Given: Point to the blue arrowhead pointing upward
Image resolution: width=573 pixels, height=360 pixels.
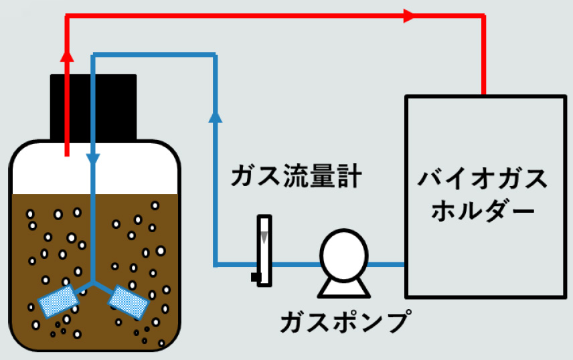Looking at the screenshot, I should coord(215,117).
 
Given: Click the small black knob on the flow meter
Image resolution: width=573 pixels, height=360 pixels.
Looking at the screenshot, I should coord(254,276).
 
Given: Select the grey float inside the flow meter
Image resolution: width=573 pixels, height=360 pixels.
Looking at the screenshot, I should coord(264,236).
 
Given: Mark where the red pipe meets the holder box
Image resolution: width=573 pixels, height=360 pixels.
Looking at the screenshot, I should coord(483,95).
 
